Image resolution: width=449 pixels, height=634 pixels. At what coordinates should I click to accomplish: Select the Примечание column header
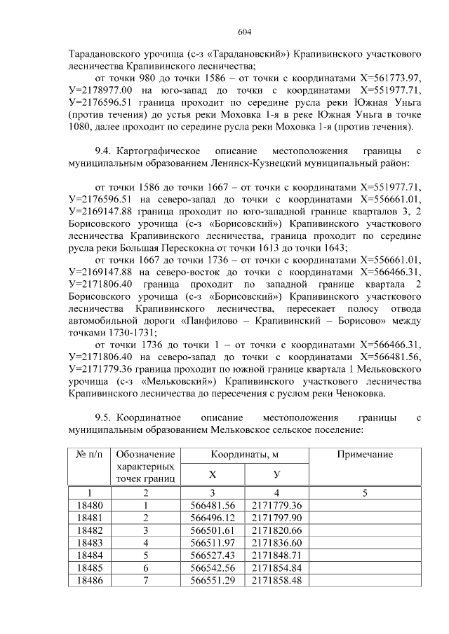click(x=364, y=455)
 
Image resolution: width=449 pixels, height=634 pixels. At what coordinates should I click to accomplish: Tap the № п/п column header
click(x=88, y=455)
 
